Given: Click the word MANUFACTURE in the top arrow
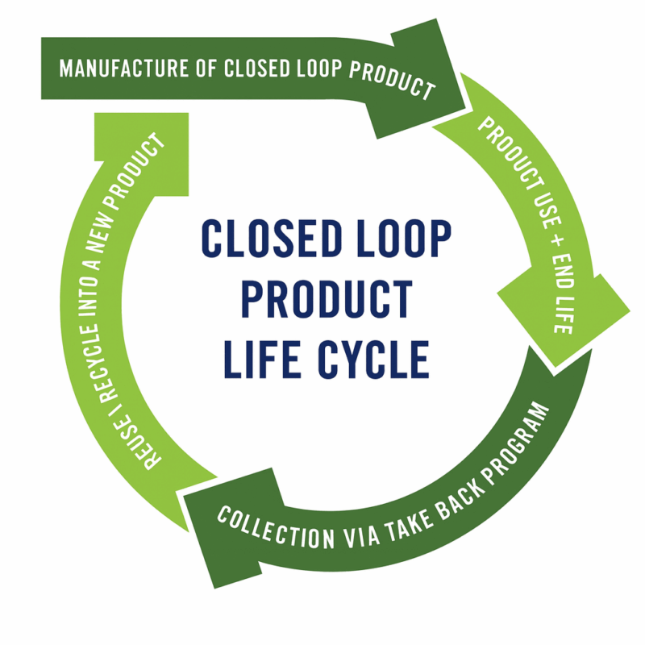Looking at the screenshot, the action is [123, 69].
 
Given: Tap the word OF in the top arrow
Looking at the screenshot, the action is [206, 69].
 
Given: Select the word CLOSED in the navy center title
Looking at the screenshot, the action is [272, 239].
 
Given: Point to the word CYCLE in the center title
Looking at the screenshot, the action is [373, 359].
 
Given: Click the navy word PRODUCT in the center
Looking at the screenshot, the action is [327, 299].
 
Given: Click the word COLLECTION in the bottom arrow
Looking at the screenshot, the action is [276, 528].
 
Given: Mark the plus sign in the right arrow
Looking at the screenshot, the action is [556, 241].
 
